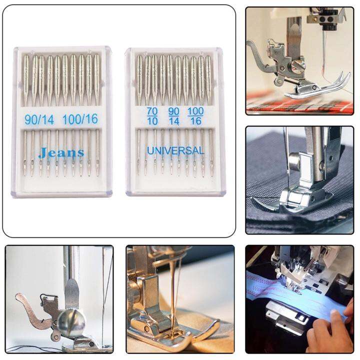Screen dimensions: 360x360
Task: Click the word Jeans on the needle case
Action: coord(61,153)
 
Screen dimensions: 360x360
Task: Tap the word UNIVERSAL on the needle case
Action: coord(175,150)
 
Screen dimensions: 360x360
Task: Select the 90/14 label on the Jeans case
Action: coord(40,119)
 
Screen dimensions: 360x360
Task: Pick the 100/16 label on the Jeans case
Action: coord(80,119)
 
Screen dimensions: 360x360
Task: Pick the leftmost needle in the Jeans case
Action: coord(26,115)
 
